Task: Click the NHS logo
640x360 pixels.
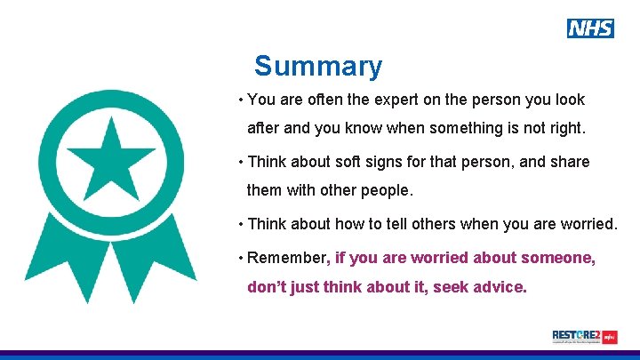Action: [590, 28]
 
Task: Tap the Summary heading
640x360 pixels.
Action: [318, 67]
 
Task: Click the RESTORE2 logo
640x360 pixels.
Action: [584, 337]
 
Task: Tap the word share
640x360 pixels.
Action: [570, 162]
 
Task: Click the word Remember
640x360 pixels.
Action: [287, 259]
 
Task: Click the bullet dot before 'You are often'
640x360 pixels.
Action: [241, 100]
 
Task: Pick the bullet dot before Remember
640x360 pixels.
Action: [241, 259]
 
